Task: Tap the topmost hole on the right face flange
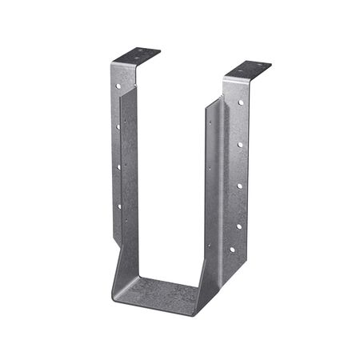241,102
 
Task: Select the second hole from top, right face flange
240,144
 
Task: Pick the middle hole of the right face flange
239,186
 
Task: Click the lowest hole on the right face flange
233,249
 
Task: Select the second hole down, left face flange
118,126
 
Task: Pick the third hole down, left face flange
118,166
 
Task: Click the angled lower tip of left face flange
111,237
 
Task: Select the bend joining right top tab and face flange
226,78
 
